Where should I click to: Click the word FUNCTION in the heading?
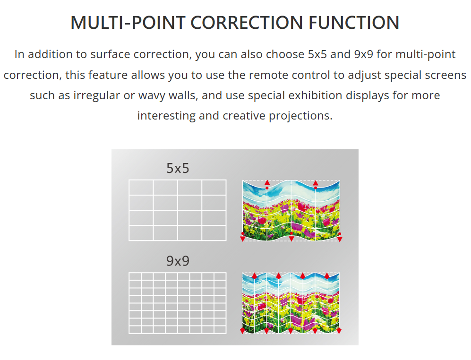(354, 23)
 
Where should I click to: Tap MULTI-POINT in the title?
(128, 23)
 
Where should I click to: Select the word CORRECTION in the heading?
(247, 23)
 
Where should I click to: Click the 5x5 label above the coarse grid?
(178, 168)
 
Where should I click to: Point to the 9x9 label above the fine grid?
(178, 261)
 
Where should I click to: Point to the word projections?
(300, 116)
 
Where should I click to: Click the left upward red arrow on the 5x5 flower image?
(267, 183)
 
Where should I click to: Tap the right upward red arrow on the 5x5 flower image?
(316, 183)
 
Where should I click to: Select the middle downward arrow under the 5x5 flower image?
(291, 239)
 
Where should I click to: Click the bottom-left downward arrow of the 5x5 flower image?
(243, 239)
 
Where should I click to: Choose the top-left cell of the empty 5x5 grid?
(141, 188)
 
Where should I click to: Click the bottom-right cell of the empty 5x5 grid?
(214, 233)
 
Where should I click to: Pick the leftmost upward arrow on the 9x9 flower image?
(255, 275)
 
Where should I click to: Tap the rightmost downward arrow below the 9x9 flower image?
(339, 331)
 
